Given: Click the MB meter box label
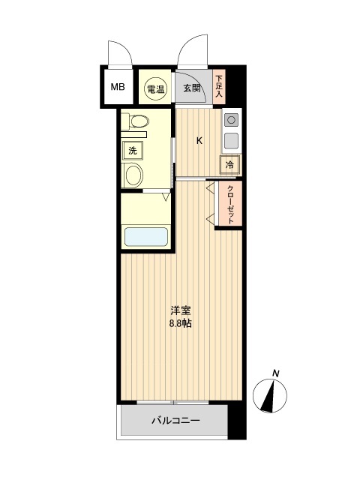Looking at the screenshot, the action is point(118,87).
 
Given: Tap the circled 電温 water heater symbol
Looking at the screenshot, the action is point(155,89).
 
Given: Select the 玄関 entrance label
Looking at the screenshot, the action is point(192,88).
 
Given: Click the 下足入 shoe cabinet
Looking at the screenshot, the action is point(218,87).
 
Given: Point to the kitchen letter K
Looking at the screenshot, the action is point(199,141).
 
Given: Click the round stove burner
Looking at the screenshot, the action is point(232,120).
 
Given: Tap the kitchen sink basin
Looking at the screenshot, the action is point(232,141).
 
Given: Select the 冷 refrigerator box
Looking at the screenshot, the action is point(229,165).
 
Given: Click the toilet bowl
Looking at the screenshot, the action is point(139,121).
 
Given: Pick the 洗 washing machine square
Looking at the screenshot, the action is point(132,151).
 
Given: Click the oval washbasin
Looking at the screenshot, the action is point(134,175).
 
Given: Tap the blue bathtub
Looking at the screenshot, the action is point(146,237).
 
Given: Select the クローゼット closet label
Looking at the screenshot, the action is point(231,205).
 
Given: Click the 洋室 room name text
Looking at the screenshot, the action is point(181,311).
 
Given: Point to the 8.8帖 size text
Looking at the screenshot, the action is point(181,323).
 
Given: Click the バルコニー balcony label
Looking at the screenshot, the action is point(175,421).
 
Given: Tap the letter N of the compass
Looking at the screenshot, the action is point(276,373).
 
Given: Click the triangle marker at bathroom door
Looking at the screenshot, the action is point(166,196).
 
